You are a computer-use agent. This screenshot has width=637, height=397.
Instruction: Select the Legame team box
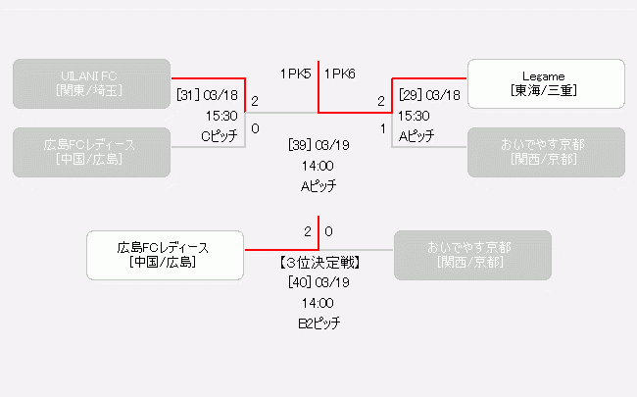point(546,83)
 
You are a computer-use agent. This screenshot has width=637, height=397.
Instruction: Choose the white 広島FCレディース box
point(164,255)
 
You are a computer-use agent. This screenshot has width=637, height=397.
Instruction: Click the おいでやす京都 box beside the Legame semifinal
point(546,152)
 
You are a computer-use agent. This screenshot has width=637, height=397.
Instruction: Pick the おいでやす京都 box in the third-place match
point(471,255)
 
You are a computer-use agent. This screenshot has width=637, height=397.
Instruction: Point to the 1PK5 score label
point(296,74)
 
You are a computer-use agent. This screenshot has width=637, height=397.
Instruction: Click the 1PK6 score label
point(340,74)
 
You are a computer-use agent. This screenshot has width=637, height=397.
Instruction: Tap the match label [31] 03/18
point(208,95)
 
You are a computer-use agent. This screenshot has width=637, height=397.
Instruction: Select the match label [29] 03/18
point(429,95)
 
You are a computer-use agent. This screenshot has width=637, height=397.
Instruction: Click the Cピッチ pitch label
point(220,136)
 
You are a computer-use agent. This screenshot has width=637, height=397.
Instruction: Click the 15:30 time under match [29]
point(414,116)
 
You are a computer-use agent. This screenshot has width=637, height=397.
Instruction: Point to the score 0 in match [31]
point(255,128)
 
